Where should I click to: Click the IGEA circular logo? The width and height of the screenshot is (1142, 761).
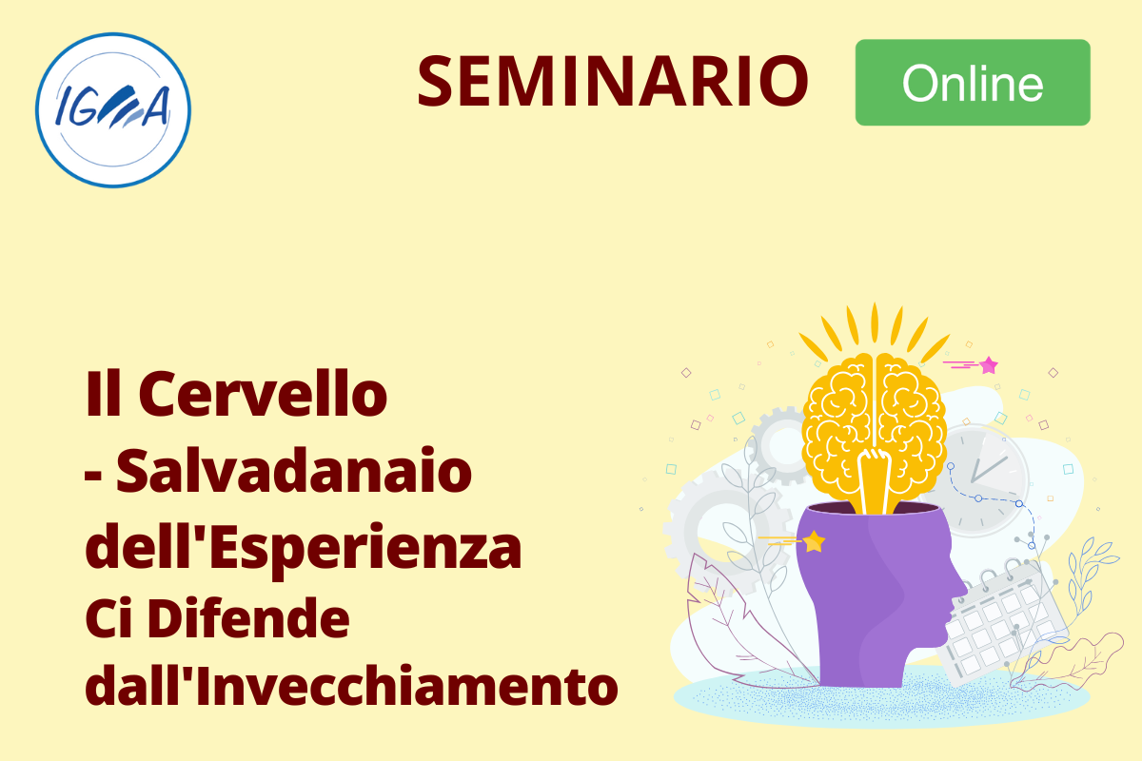click(x=113, y=110)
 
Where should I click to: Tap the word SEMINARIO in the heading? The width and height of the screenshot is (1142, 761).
click(x=613, y=81)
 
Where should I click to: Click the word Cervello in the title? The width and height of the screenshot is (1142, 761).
click(x=263, y=394)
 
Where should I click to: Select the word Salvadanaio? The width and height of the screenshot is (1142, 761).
click(x=294, y=470)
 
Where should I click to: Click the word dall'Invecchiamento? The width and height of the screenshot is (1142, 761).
click(x=351, y=685)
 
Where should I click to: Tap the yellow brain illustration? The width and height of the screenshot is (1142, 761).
click(x=874, y=433)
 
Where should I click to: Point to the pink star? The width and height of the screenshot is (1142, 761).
click(x=989, y=365)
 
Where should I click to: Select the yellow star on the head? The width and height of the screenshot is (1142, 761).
click(x=814, y=541)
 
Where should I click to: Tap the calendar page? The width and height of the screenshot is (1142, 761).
click(x=1002, y=624)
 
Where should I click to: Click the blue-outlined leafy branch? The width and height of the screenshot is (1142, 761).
click(x=1091, y=576)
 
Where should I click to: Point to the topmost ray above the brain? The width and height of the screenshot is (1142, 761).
click(x=875, y=322)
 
